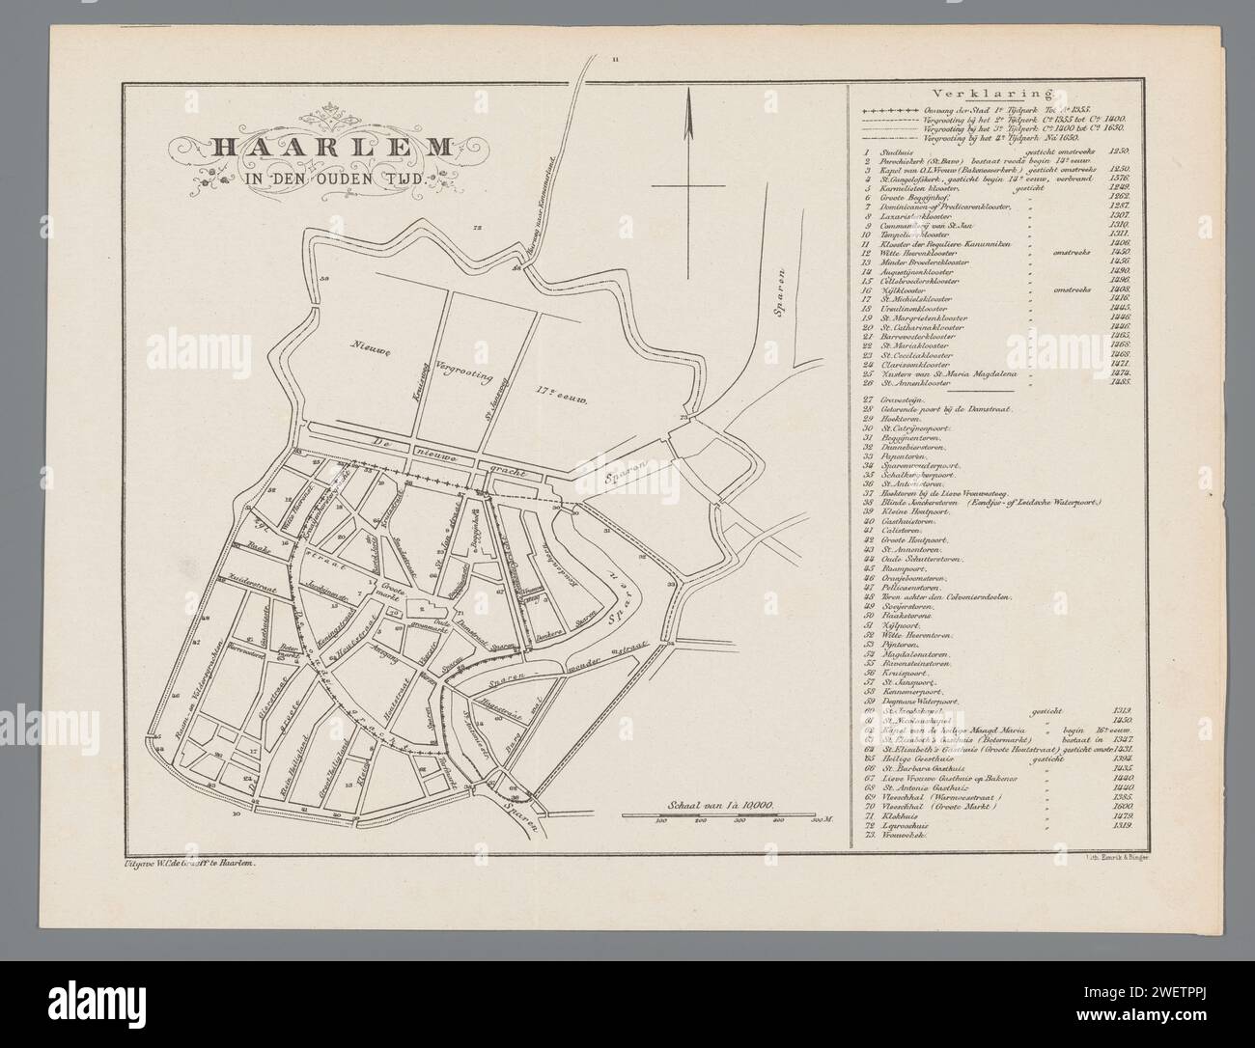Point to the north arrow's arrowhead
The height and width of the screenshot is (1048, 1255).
[688, 102]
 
